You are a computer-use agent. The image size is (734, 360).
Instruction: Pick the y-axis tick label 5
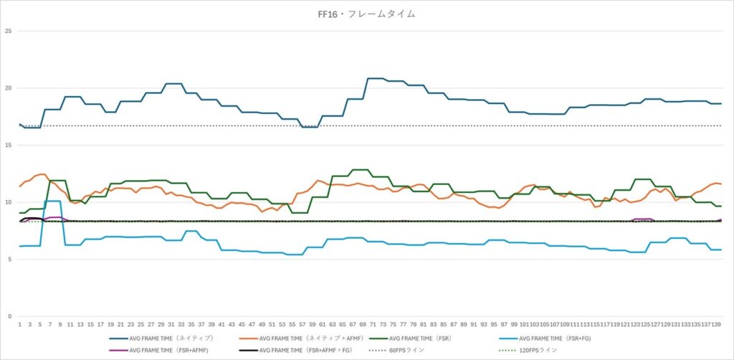9,259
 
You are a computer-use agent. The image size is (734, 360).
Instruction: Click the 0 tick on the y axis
9,316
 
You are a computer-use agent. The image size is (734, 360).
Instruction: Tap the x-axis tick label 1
19,325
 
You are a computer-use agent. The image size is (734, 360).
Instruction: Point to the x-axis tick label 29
161,325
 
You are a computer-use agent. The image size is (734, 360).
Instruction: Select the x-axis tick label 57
302,325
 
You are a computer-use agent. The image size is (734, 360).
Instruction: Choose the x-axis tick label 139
715,325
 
